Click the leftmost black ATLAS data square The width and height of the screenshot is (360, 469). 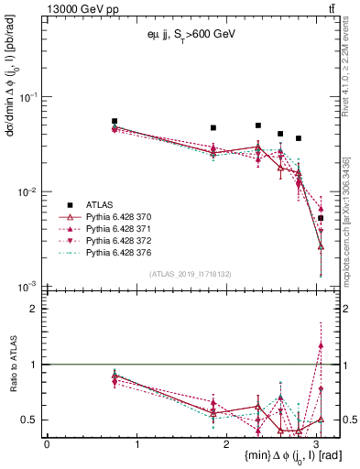tap(115, 121)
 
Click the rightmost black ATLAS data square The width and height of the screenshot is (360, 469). tap(321, 218)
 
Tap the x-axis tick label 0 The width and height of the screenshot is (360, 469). tap(47, 443)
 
